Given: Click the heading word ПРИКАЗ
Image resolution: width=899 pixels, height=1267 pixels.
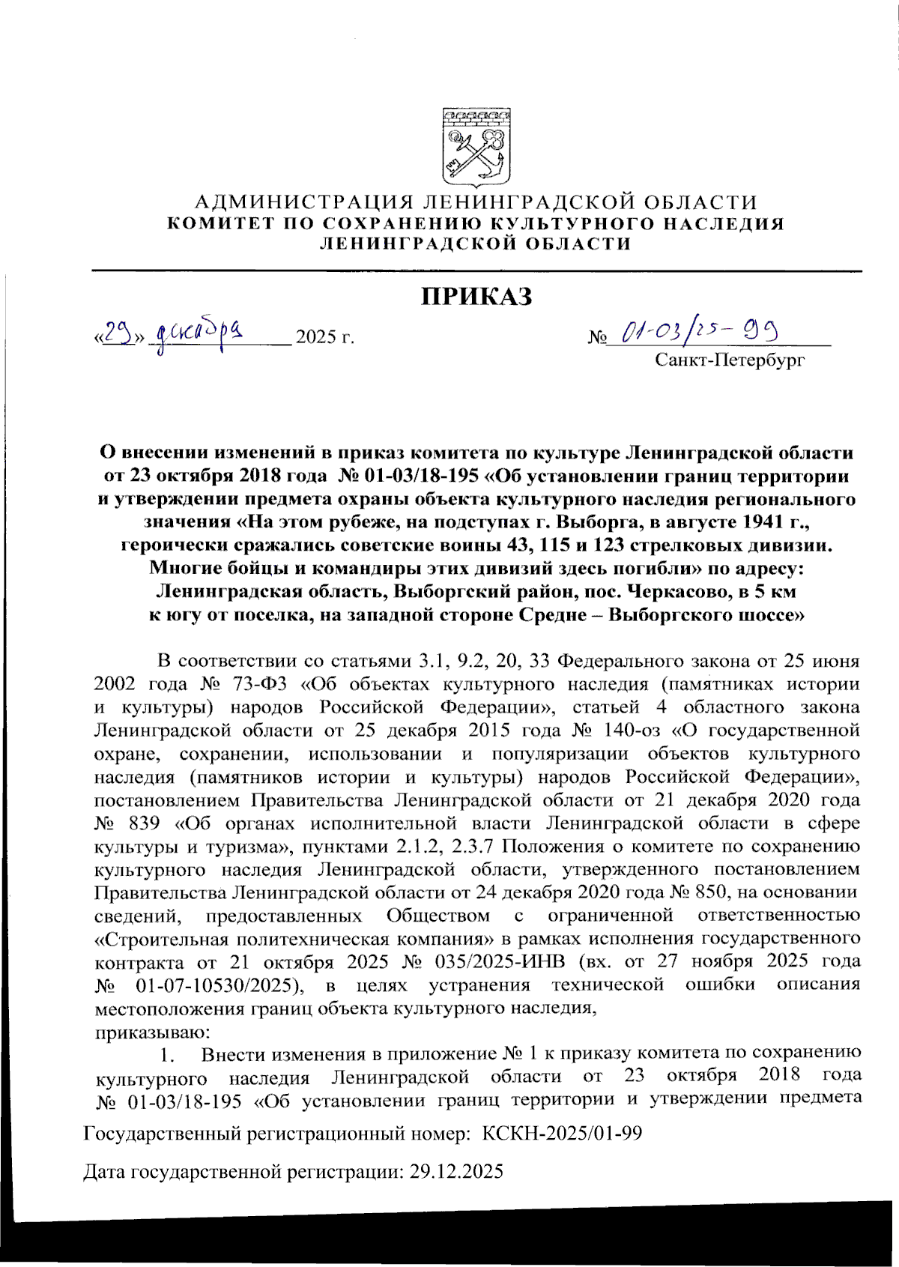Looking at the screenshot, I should [476, 297].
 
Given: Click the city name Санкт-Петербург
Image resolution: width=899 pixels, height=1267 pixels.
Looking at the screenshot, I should [730, 360].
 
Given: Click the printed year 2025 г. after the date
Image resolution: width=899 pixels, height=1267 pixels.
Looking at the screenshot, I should [324, 336].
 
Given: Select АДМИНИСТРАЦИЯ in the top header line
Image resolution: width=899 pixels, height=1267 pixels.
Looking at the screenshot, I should [304, 202].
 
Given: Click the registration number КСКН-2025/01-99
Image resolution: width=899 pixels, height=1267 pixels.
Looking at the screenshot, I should [562, 1133].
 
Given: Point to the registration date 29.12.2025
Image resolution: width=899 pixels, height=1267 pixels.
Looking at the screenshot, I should [456, 1171].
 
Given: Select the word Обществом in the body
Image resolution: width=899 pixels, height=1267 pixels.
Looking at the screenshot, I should [438, 916].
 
